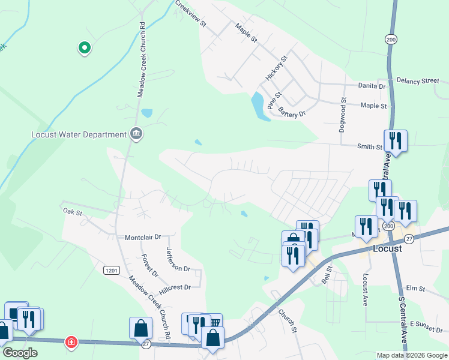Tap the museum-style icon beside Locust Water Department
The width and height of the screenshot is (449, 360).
tap(136, 133)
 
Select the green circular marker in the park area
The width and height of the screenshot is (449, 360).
tap(85, 47)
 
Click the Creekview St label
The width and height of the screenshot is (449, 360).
tap(191, 14)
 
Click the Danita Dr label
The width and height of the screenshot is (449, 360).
tap(372, 86)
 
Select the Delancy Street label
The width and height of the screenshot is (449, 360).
tap(418, 80)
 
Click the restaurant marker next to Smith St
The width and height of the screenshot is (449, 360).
tap(396, 141)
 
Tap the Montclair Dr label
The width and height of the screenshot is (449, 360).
tap(143, 238)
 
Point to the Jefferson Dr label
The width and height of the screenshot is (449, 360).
tap(178, 260)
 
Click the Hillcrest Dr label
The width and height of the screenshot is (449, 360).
tap(175, 287)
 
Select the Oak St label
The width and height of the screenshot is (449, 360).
tap(71, 211)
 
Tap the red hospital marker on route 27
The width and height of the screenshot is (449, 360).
tap(71, 342)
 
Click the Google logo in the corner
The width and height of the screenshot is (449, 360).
tap(19, 353)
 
